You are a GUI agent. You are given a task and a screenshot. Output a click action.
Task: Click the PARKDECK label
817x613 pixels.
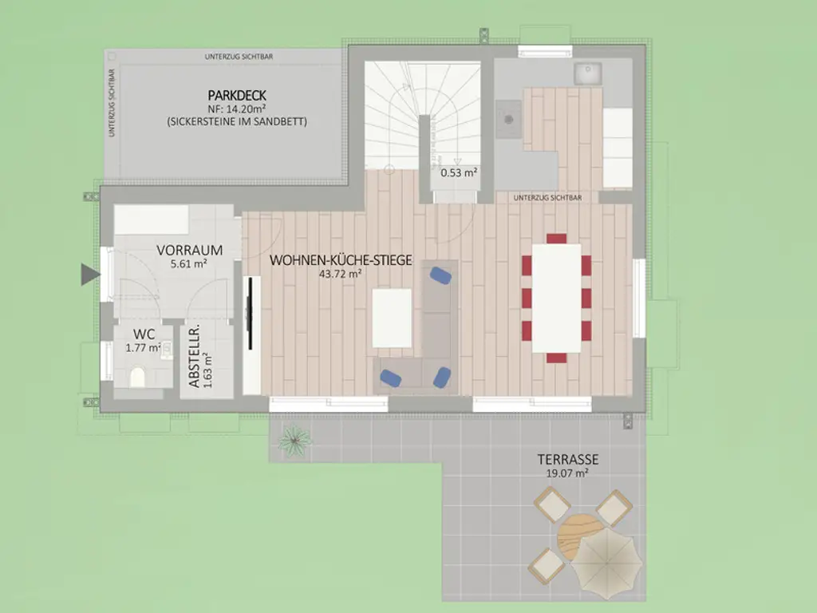(237, 96)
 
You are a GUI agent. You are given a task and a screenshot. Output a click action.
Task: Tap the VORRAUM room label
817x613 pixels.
(190, 250)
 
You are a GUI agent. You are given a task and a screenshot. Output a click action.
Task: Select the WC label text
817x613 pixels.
(144, 334)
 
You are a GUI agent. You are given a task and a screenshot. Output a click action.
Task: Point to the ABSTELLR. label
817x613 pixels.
(194, 357)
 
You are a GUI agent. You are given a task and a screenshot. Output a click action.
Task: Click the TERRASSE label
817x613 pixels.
(568, 459)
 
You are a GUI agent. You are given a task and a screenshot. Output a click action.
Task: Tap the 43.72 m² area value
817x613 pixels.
(340, 274)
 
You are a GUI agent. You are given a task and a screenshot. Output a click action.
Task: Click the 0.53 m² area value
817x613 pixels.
(459, 172)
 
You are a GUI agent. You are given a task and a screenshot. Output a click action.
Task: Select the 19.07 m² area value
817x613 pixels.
(567, 473)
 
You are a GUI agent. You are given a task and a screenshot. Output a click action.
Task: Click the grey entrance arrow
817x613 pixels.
(90, 275)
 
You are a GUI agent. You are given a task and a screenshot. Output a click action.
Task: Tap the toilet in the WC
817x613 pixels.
(137, 377)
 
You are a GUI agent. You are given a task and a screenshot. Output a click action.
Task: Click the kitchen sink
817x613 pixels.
(588, 73)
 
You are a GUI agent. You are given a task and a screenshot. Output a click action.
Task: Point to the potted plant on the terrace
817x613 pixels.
(294, 441)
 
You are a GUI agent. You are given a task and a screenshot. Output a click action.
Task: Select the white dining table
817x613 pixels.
(556, 299)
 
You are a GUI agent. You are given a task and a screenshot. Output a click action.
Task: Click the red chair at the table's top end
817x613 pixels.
(556, 239)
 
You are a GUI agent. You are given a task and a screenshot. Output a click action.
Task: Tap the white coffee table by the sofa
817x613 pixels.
(392, 318)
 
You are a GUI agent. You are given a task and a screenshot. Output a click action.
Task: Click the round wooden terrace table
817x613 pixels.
(578, 537)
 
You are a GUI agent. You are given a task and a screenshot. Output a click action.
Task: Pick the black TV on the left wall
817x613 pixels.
(250, 313)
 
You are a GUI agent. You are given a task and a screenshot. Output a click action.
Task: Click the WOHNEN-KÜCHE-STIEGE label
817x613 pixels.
(341, 260)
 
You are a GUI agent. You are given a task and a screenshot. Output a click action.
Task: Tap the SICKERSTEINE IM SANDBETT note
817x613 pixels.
(237, 121)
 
